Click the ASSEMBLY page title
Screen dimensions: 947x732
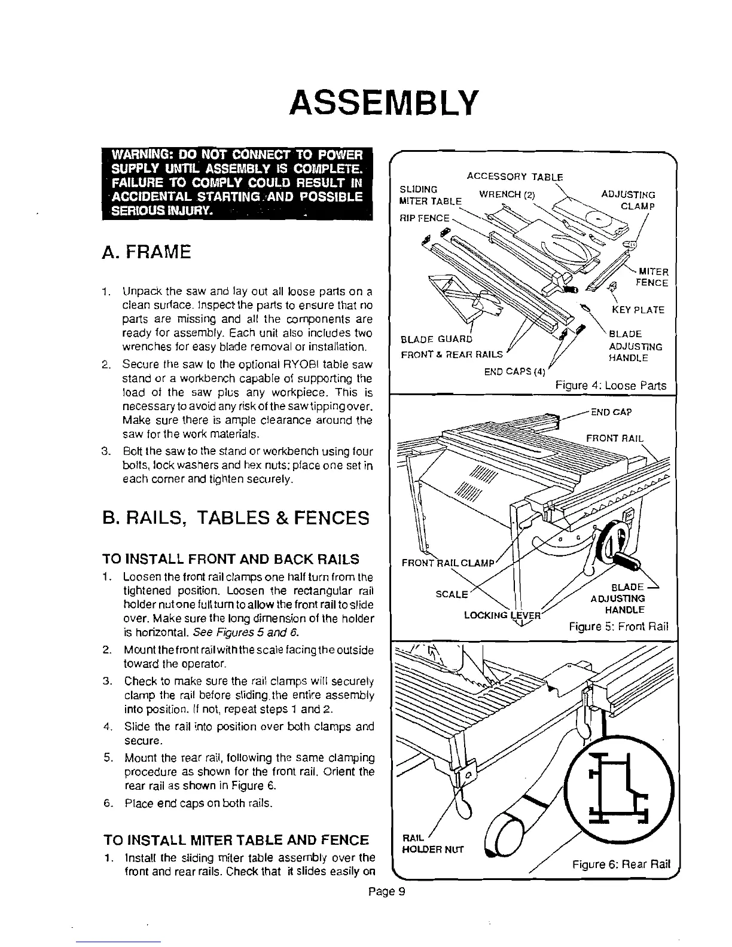pos(383,103)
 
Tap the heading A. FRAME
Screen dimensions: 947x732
pos(148,251)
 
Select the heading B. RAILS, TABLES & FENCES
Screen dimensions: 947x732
pos(236,517)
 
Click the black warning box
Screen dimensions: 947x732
pos(237,183)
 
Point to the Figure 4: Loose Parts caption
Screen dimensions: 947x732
pos(610,386)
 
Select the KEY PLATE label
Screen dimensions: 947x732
pos(638,310)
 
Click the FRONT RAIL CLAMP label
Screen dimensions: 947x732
pos(448,563)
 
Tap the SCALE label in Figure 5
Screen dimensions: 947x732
pos(452,594)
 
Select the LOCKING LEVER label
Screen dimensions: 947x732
pos(502,615)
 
